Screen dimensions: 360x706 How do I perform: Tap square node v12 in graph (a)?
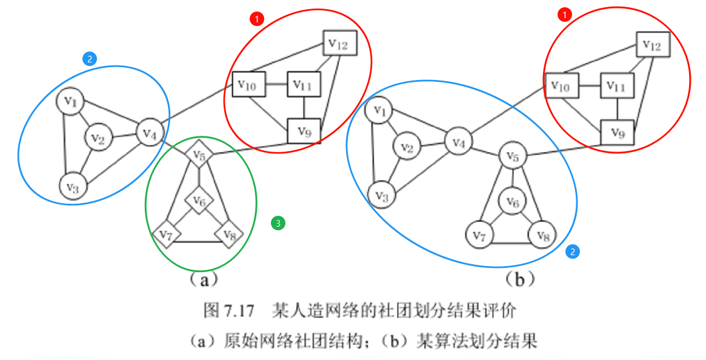(339, 42)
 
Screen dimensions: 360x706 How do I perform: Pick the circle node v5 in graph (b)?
(513, 157)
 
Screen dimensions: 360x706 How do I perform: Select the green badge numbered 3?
(278, 223)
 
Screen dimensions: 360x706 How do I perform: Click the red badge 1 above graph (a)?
(257, 19)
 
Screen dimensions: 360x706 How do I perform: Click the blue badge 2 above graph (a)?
(89, 58)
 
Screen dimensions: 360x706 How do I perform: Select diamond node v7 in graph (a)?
(167, 233)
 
